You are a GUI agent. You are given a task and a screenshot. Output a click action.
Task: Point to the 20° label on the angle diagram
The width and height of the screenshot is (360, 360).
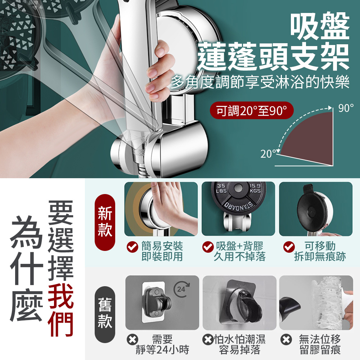point(269,154)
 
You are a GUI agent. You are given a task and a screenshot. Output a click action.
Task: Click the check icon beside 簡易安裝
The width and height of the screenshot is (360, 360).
point(132,247)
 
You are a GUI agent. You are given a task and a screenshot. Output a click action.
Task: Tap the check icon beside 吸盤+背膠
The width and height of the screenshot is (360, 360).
point(207,247)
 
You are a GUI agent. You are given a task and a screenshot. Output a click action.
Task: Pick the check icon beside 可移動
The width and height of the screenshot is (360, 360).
point(289,247)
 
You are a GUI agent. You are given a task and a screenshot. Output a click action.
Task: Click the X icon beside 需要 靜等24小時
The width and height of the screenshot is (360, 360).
point(133,339)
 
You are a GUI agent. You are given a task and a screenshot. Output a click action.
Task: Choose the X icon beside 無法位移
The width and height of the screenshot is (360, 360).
point(286,339)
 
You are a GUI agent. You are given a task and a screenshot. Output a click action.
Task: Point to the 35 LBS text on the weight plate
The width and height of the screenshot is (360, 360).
point(221,188)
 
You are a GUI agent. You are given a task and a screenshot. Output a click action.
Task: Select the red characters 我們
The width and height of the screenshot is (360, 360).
point(61,310)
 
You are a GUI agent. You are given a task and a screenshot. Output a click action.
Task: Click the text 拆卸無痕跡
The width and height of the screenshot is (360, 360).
point(320,257)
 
